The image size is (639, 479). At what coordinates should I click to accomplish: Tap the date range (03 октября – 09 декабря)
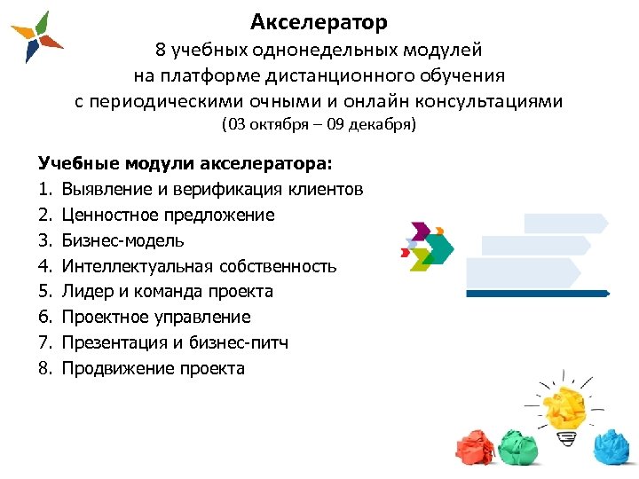(x=319, y=125)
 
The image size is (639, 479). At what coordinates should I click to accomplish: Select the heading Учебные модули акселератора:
(x=185, y=164)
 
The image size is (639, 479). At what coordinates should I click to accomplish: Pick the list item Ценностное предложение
(x=169, y=215)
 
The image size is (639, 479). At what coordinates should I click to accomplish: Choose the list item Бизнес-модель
(x=123, y=240)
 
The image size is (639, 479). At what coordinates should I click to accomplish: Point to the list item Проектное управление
(x=156, y=317)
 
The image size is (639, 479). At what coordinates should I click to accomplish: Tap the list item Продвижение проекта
(x=153, y=368)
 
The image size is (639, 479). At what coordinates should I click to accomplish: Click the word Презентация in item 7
(x=115, y=342)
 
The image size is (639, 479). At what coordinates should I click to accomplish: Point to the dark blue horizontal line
(x=537, y=293)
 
